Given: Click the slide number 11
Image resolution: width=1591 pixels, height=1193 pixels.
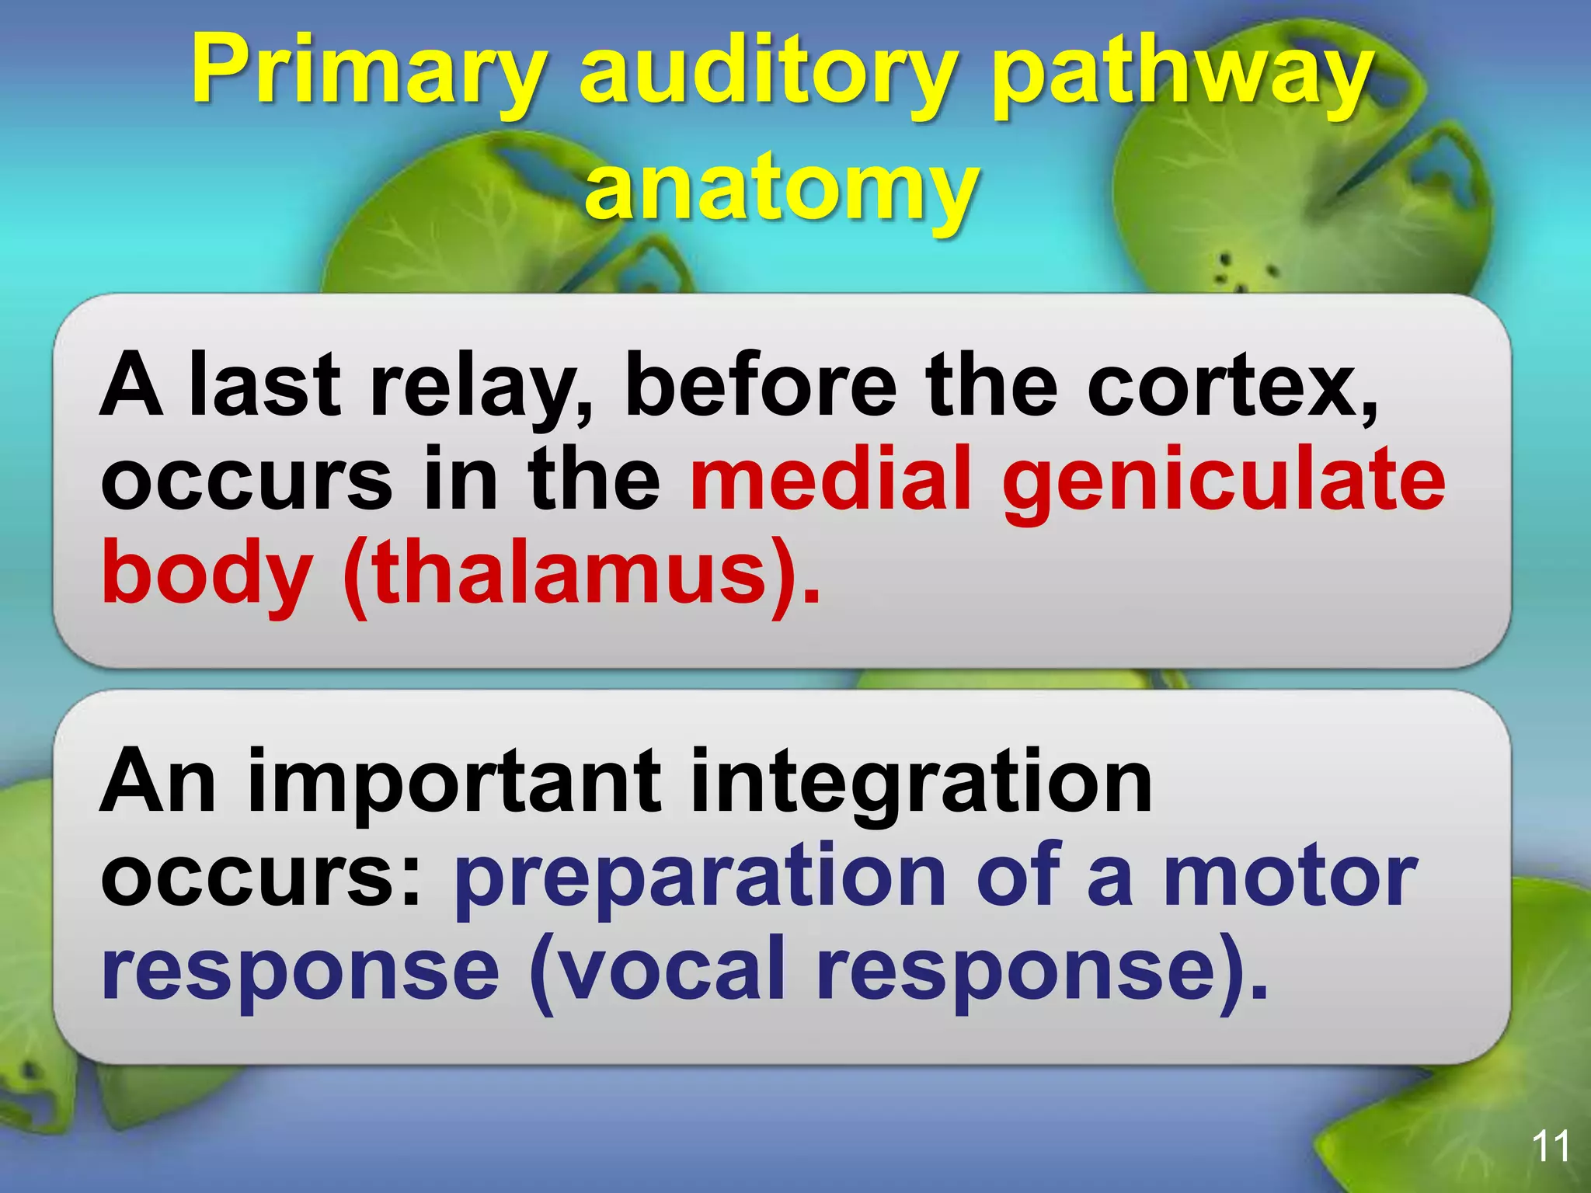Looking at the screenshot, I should (x=1551, y=1146).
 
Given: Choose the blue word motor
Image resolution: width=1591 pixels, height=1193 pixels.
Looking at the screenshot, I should (x=1290, y=876).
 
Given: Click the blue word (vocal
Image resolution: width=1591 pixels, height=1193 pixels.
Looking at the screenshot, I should (x=657, y=969).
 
